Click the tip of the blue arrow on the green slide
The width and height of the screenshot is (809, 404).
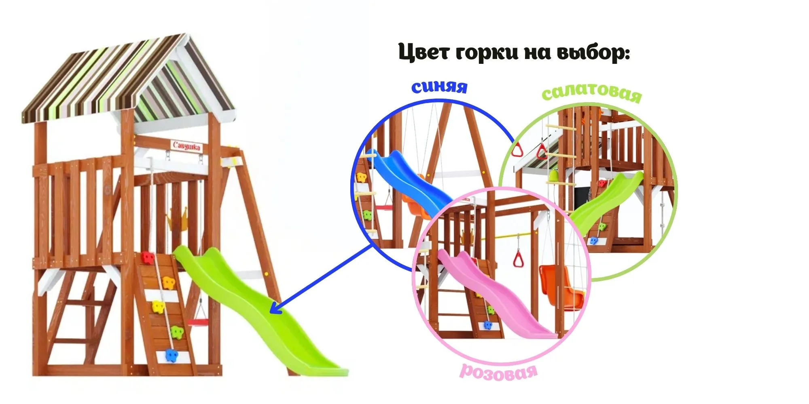click(x=271, y=312)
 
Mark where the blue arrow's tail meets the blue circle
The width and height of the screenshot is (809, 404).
click(x=373, y=245)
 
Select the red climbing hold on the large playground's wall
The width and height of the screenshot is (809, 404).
click(x=147, y=257)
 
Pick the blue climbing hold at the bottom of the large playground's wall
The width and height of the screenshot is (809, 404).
click(x=172, y=355)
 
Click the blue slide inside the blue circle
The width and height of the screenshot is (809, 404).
click(x=409, y=182)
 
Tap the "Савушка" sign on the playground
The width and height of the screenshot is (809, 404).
click(x=186, y=146)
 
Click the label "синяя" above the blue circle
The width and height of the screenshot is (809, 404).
click(x=439, y=86)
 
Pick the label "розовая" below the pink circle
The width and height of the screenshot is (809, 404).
click(x=499, y=371)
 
